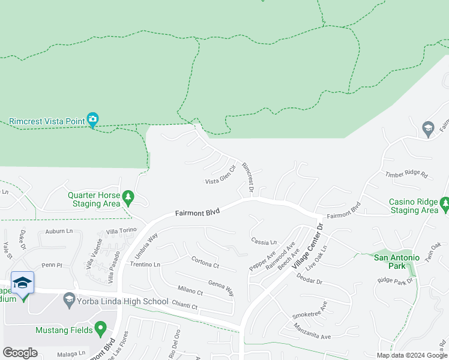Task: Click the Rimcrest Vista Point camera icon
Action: [92, 119]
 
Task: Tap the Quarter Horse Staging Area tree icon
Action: [127, 197]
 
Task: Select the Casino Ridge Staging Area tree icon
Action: [445, 205]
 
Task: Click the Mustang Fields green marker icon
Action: [101, 329]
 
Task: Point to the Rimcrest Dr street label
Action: [248, 177]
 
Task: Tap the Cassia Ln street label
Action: [264, 241]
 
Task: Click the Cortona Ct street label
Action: [205, 262]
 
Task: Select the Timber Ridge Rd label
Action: [406, 175]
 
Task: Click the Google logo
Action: [20, 353]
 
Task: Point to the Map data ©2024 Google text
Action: [412, 355]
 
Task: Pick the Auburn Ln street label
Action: [59, 230]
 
